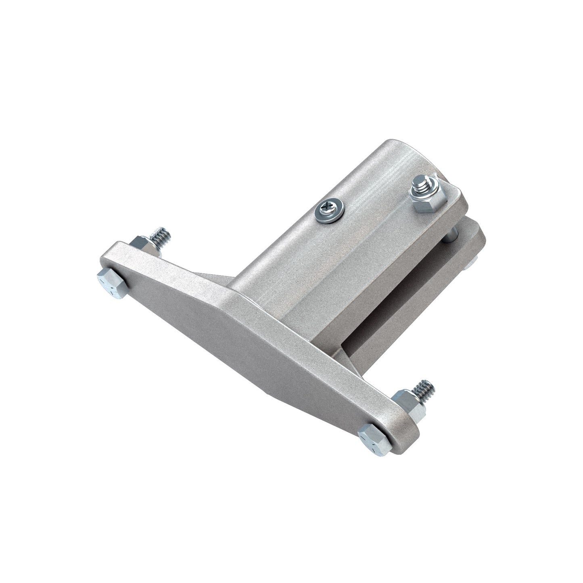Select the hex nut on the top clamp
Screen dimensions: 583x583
click(428, 198)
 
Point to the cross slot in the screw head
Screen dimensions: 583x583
click(326, 209)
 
